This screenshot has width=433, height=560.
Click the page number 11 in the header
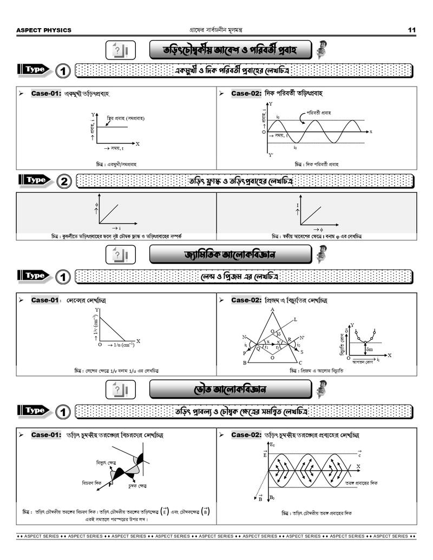click(x=412, y=30)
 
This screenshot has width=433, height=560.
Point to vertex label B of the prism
click(x=245, y=363)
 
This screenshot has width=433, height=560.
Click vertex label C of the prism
click(x=300, y=363)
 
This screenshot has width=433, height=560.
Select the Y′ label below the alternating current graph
click(x=271, y=155)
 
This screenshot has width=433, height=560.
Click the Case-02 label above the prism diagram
click(x=246, y=300)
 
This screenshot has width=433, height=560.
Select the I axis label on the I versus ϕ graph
click(x=298, y=206)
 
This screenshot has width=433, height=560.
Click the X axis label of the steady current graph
click(x=138, y=144)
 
